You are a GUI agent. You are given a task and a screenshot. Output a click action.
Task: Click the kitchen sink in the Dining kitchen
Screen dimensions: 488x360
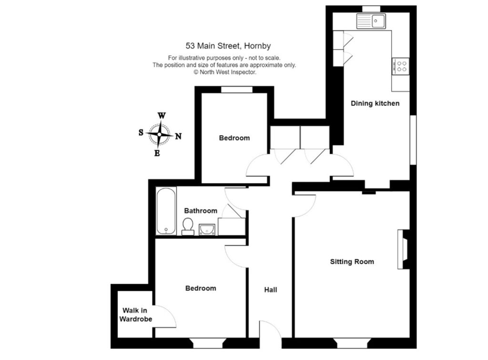tap(371, 21)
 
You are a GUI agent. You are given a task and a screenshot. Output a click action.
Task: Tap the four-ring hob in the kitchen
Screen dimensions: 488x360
tap(400, 66)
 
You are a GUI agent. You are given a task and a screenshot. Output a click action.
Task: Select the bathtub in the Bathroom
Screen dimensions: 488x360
tap(166, 211)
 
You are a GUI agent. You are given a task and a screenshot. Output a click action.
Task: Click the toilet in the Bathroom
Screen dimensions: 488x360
tap(188, 226)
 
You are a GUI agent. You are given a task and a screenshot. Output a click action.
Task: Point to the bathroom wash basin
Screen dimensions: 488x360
tap(207, 230)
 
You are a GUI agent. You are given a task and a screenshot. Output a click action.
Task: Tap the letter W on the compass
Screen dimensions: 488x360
tap(162, 116)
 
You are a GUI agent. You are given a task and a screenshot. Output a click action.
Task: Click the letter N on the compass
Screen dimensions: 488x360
tap(178, 136)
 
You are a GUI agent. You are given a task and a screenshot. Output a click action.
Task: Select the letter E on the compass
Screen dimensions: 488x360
tap(157, 153)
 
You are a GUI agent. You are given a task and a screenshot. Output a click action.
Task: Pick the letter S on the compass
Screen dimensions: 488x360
tap(141, 133)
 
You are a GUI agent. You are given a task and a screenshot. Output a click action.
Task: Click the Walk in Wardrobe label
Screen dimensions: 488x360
tap(136, 315)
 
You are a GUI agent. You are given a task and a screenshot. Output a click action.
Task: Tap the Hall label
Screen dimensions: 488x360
tap(271, 290)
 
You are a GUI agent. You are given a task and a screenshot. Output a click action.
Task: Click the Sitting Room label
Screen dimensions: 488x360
tap(352, 262)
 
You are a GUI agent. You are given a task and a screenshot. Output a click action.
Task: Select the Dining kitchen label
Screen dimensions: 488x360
tap(375, 103)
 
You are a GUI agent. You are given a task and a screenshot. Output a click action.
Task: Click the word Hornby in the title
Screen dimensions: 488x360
tap(257, 46)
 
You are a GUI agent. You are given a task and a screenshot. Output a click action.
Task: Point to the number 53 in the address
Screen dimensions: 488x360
tap(190, 46)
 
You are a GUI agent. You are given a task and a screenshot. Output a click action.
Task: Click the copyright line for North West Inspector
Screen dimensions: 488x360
tap(225, 72)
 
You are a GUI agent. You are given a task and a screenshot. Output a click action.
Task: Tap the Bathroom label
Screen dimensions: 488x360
tap(201, 211)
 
